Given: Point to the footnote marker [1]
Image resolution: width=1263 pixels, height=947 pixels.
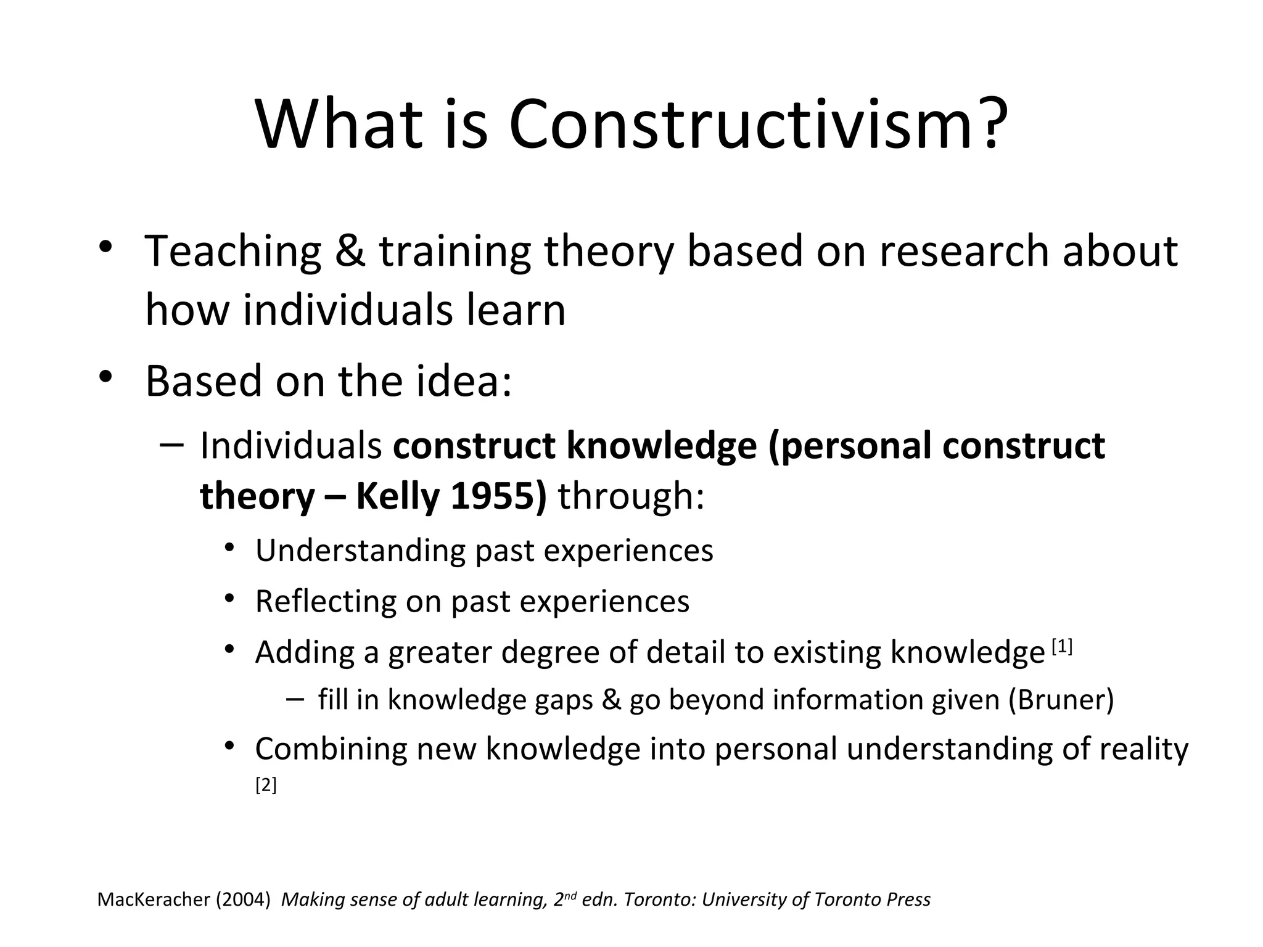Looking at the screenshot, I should click(1062, 647).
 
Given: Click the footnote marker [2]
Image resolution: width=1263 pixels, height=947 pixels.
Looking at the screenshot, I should click(266, 785).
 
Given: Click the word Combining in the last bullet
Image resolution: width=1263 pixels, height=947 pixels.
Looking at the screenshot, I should click(330, 750).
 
